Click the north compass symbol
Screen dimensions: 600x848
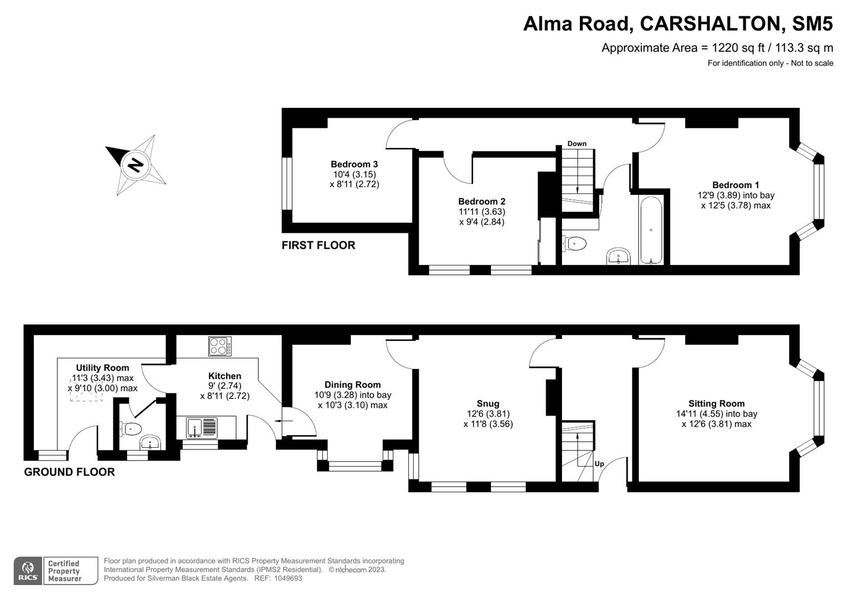[x=136, y=165]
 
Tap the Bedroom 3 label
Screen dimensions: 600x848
[x=354, y=164]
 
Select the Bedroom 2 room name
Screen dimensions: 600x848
[x=481, y=202]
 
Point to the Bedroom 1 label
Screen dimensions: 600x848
[x=736, y=185]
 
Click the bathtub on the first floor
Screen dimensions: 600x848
[x=650, y=229]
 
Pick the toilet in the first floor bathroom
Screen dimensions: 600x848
[x=575, y=243]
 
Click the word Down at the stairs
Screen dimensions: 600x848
[x=577, y=144]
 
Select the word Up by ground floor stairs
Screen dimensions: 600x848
[x=599, y=464]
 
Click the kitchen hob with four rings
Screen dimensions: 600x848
[x=220, y=347]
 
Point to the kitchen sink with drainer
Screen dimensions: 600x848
[x=202, y=427]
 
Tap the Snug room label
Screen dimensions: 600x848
[x=488, y=404]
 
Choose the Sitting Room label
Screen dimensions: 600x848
[x=716, y=404]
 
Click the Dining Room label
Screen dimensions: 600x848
[x=353, y=385]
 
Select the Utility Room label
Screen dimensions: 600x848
[x=103, y=368]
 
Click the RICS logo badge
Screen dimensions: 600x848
[x=28, y=571]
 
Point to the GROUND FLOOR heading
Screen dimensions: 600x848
[x=69, y=472]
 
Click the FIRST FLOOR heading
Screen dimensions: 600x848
[x=318, y=246]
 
